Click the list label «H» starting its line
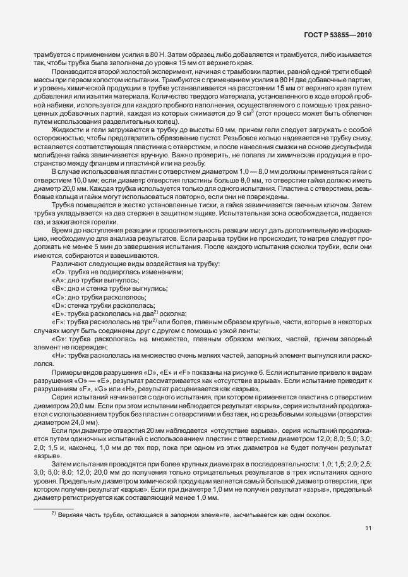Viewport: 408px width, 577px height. pyautogui.click(x=57, y=355)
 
